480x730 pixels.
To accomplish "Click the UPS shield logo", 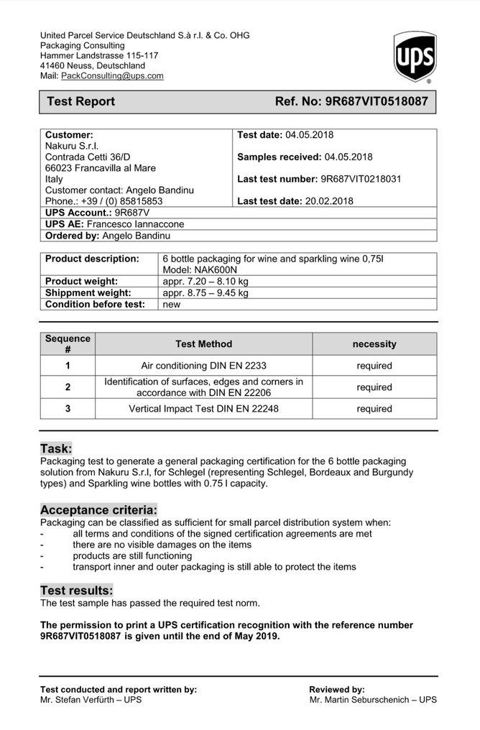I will click(415, 57).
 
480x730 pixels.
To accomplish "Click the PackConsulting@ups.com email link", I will click(112, 75).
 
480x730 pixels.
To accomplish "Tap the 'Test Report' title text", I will click(80, 101).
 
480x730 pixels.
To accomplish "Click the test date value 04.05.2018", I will click(309, 134).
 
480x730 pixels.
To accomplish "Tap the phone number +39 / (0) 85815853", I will click(124, 201).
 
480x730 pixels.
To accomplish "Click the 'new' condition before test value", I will click(172, 304).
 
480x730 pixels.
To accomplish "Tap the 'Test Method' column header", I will click(203, 344).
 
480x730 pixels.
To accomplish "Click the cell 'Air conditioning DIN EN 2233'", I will click(203, 366).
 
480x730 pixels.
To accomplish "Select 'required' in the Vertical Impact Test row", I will click(374, 409).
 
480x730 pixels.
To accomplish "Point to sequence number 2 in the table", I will click(68, 387).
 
